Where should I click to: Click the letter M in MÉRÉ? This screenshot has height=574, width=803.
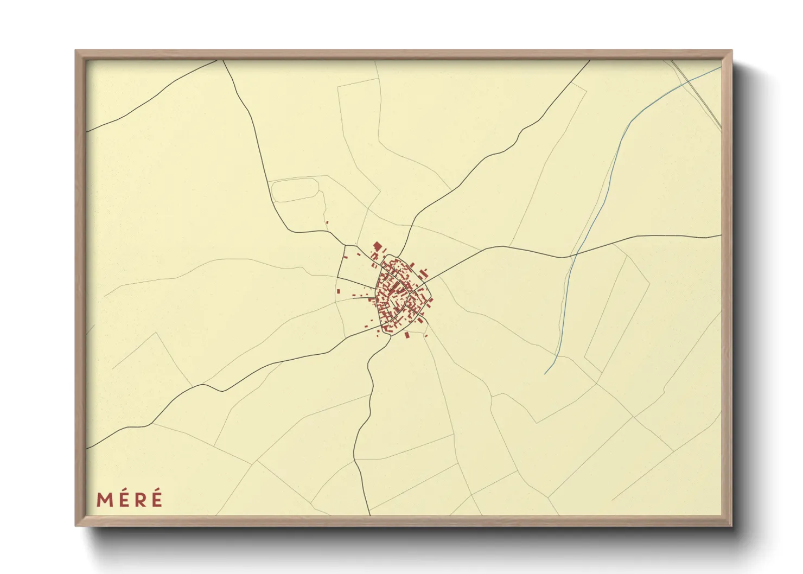point(105,500)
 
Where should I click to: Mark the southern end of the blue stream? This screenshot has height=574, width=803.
point(545,374)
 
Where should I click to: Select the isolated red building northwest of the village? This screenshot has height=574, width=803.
point(327,221)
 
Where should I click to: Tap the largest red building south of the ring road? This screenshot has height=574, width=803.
point(406,335)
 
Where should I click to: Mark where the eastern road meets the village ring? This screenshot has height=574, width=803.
point(429,278)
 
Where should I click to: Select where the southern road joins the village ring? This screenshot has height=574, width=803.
point(389,335)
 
